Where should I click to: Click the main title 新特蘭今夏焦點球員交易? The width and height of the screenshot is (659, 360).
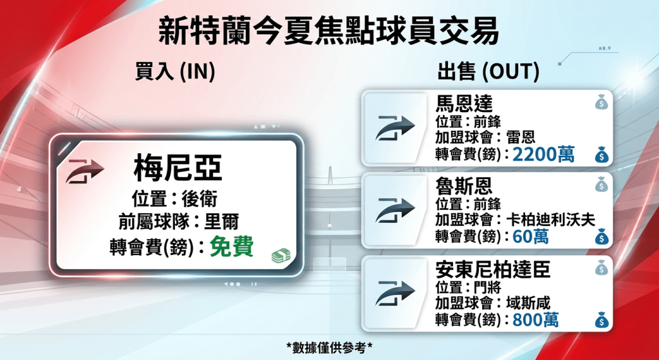[329, 31]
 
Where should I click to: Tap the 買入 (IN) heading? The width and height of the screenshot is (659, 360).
[175, 73]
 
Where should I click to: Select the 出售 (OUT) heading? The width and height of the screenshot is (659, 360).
[488, 73]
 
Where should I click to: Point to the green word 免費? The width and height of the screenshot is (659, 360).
[232, 247]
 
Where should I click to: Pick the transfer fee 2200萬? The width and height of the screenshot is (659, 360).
[543, 155]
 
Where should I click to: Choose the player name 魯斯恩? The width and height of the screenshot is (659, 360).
[463, 186]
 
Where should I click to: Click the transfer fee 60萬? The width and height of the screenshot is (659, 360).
[530, 237]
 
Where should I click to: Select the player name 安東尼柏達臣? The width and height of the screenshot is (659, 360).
[492, 270]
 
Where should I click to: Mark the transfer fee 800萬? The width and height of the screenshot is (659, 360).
[535, 321]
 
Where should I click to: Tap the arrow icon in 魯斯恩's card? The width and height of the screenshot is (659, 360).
[395, 210]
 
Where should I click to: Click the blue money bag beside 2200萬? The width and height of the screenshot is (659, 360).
[602, 155]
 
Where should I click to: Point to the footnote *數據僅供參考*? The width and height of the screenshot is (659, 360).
[329, 347]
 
